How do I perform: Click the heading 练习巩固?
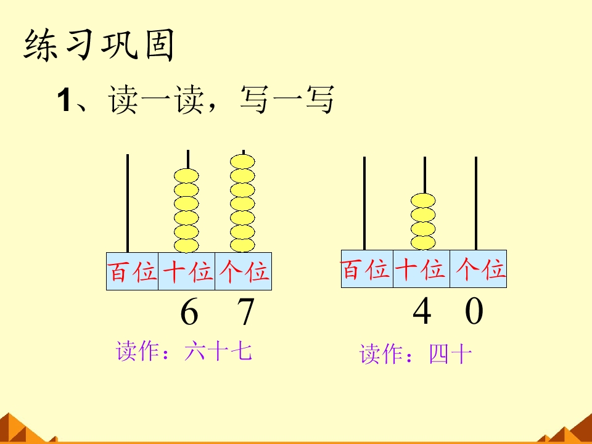coord(99,45)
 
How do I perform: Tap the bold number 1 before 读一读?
coord(64,100)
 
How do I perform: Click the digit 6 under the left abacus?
coord(189,311)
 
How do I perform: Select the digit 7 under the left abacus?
coord(246,311)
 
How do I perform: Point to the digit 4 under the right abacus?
coord(422,310)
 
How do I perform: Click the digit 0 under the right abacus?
coord(474,310)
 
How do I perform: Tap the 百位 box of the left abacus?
coord(132,271)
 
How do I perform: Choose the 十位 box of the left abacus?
coord(186,271)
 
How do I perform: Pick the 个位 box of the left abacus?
coord(243,271)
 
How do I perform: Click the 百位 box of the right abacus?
coord(367,269)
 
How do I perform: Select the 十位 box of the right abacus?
coord(421,269)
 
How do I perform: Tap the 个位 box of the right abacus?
coord(478,269)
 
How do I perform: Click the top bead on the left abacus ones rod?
coord(242,162)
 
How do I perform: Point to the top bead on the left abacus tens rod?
coord(186,176)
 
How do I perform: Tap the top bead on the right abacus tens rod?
coord(423,200)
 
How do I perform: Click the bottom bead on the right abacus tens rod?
coord(423,243)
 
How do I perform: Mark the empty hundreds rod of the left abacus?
coord(128,203)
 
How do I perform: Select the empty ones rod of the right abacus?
coord(476,203)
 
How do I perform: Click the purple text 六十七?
coord(218,351)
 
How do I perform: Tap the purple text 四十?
coord(450,354)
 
